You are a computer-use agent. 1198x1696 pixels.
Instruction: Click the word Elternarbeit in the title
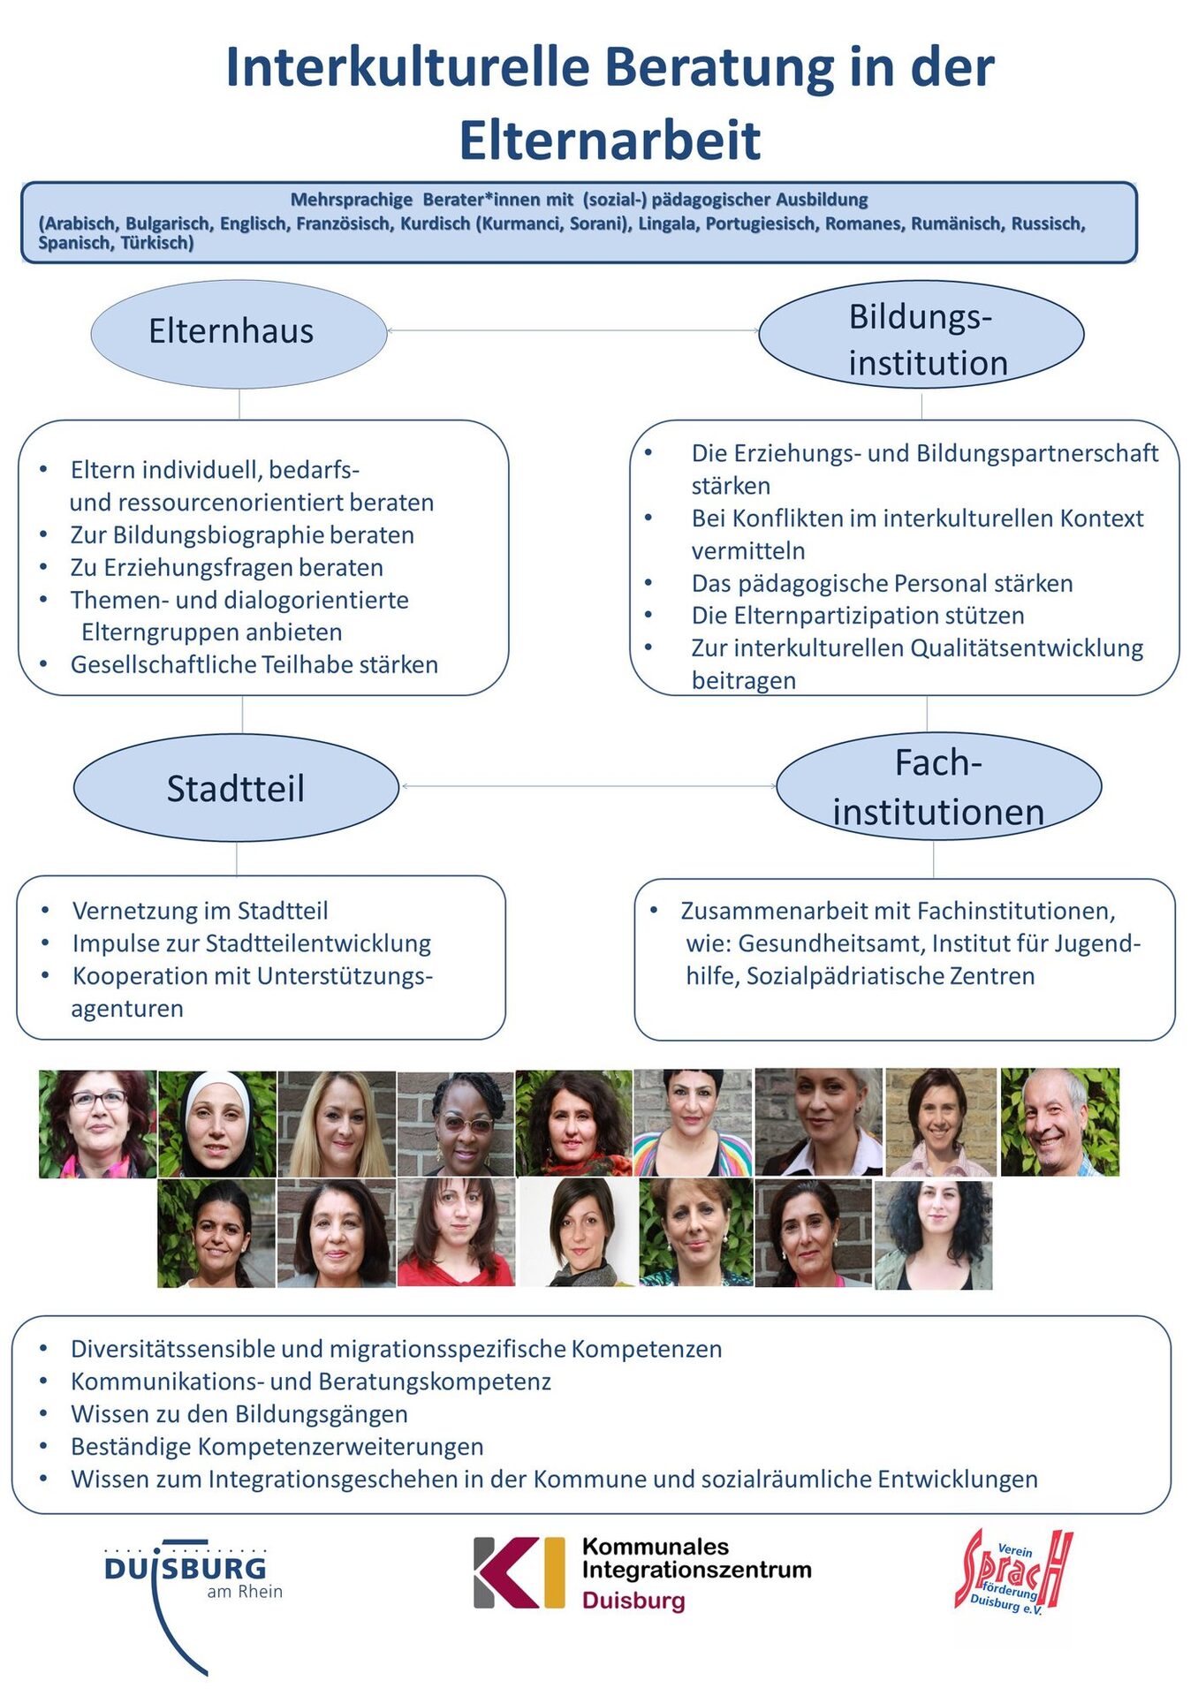[x=609, y=140]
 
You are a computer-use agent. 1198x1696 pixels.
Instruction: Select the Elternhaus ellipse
[x=239, y=333]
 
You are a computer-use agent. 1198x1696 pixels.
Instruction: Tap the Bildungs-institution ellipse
[x=921, y=335]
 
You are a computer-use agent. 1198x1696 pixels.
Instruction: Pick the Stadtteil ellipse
[x=236, y=788]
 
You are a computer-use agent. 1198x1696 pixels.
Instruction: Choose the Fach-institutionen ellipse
[x=938, y=786]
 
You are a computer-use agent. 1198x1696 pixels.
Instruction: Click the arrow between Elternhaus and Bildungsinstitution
[x=572, y=331]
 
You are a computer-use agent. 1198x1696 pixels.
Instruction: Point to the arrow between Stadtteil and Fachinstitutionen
[x=588, y=786]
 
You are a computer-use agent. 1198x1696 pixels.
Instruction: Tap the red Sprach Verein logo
[x=1014, y=1572]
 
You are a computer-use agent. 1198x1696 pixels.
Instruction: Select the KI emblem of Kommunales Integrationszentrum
[x=519, y=1573]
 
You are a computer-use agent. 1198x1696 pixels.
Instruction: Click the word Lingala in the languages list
[x=665, y=223]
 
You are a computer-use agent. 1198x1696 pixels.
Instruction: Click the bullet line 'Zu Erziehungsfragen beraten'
[x=227, y=567]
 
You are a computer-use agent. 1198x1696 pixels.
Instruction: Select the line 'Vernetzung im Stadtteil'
[x=200, y=911]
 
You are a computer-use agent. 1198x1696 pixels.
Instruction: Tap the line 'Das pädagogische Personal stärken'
[x=882, y=583]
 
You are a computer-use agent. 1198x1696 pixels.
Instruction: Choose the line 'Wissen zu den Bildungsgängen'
[x=239, y=1414]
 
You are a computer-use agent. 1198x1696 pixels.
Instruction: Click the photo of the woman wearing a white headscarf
[x=216, y=1124]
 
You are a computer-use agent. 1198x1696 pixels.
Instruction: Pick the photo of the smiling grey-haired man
[x=1059, y=1123]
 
